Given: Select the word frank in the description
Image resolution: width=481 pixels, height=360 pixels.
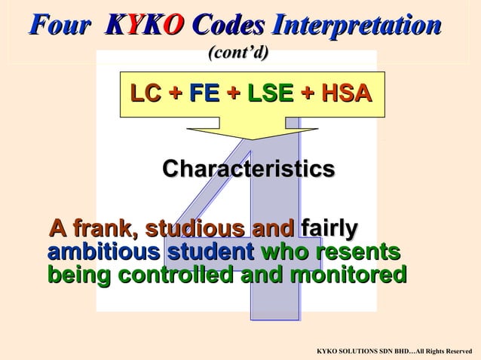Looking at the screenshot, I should point(105,228).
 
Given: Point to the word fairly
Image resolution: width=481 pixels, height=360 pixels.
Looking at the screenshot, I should point(329,228).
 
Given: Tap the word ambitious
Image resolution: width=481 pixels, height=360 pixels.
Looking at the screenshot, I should point(103,252).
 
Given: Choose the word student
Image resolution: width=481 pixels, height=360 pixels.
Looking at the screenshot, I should point(210,252).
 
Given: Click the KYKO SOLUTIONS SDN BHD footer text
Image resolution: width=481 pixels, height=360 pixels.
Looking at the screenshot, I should point(394,351).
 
